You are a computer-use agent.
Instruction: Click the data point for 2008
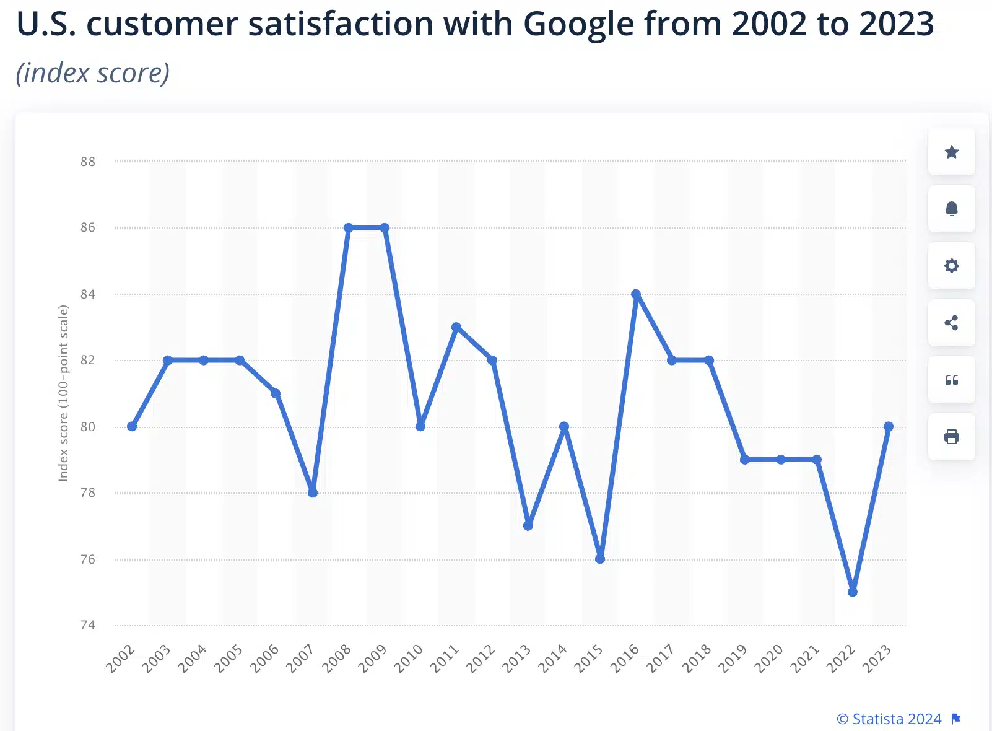[x=349, y=228]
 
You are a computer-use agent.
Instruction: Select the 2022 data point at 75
[x=853, y=592]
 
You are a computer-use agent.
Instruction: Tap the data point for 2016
[x=636, y=294]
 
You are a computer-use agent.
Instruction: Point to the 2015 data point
[x=600, y=559]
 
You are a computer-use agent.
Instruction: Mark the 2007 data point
[x=313, y=492]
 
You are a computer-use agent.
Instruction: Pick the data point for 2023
[x=889, y=426]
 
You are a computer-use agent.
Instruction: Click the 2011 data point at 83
[x=456, y=327]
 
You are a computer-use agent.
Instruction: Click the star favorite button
[x=951, y=152]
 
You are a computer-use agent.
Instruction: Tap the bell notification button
[x=951, y=209]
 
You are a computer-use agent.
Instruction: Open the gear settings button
[x=951, y=266]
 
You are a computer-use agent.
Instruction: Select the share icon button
[x=951, y=323]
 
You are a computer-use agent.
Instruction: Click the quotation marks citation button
[x=951, y=380]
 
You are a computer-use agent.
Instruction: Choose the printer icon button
[x=951, y=437]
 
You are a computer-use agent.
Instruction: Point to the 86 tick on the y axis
[x=88, y=227]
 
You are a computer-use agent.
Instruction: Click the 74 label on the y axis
[x=88, y=625]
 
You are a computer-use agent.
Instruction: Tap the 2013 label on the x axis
[x=516, y=659]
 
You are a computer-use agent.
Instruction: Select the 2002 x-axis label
[x=120, y=659]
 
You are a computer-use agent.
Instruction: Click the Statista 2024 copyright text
[x=889, y=719]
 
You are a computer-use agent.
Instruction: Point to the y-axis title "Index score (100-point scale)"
[x=63, y=393]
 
